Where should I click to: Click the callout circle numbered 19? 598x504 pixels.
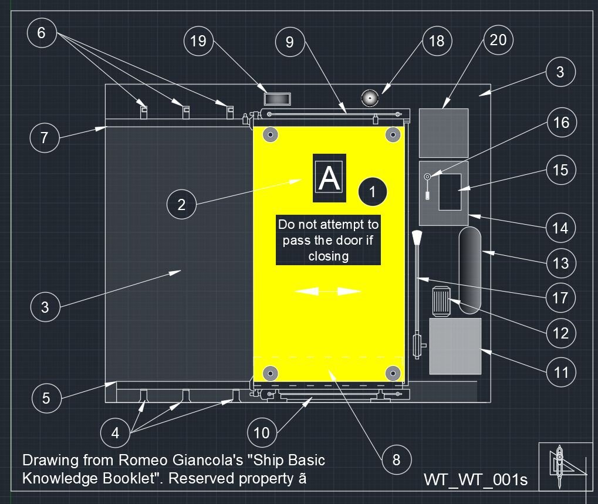[x=198, y=41]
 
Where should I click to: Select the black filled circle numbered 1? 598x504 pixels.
[x=373, y=192]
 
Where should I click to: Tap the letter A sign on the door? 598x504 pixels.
[x=329, y=178]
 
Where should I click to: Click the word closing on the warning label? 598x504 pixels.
[x=329, y=256]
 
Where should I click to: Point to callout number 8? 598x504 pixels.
[x=396, y=460]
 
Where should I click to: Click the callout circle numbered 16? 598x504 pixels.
[x=562, y=123]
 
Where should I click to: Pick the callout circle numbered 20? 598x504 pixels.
[x=498, y=40]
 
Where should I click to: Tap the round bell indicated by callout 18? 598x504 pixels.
[x=370, y=98]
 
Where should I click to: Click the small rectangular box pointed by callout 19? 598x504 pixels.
[x=278, y=99]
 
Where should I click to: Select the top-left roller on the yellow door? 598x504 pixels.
[x=271, y=134]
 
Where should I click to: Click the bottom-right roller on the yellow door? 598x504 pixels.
[x=393, y=373]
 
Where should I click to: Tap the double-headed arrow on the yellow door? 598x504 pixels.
[x=328, y=292]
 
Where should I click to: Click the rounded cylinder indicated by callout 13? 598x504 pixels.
[x=470, y=270]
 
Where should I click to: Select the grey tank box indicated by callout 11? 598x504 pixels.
[x=455, y=346]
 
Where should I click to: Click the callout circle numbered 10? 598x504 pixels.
[x=262, y=432]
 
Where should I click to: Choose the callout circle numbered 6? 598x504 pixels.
[x=42, y=33]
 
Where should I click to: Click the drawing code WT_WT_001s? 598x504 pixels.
[x=475, y=479]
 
